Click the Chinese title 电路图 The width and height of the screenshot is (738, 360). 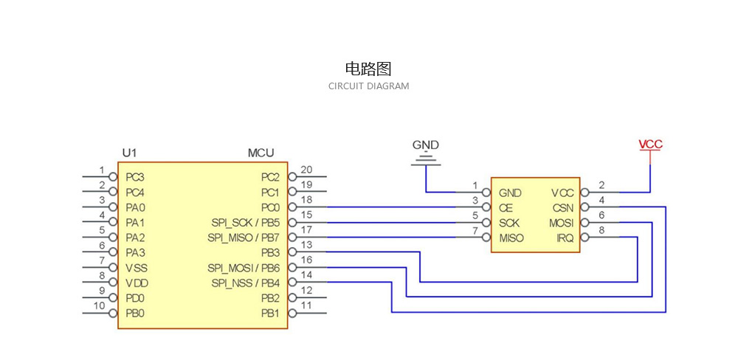coord(368,69)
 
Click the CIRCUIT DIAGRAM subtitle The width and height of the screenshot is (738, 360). coord(368,86)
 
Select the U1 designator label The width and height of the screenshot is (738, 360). coord(129,153)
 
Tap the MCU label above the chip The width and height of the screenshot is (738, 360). coord(261,153)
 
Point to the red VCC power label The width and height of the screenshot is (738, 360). coord(650,145)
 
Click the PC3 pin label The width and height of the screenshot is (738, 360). coord(135,177)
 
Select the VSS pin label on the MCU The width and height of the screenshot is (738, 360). coord(136,268)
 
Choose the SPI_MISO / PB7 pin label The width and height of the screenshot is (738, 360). coord(244,238)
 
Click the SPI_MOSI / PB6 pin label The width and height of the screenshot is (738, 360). coord(244,268)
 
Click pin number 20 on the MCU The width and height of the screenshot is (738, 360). coord(306,170)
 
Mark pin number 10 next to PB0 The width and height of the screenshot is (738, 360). coord(99,305)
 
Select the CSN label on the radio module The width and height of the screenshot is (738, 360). coord(562,208)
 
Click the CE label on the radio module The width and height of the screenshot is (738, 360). coord(506,208)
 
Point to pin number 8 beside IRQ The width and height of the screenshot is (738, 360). coord(601,230)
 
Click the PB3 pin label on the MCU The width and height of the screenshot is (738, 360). coord(270,253)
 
